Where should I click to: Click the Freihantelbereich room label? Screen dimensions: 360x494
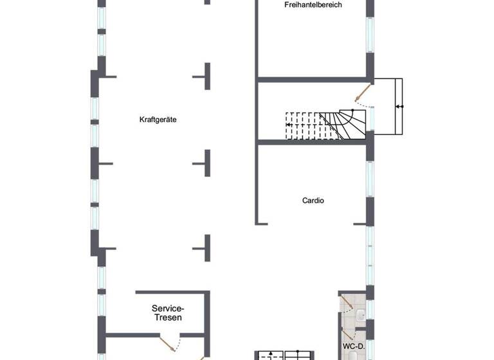(313, 5)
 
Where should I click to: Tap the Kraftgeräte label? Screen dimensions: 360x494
(158, 120)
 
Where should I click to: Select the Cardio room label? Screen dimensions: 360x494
(313, 201)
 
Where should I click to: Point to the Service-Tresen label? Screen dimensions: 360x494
(167, 312)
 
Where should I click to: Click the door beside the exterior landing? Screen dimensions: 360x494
(363, 94)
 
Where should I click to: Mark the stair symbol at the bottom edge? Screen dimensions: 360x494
(284, 355)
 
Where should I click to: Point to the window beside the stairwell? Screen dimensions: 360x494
(370, 120)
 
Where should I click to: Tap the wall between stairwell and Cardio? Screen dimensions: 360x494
(312, 141)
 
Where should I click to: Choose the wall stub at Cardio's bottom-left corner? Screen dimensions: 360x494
(261, 223)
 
